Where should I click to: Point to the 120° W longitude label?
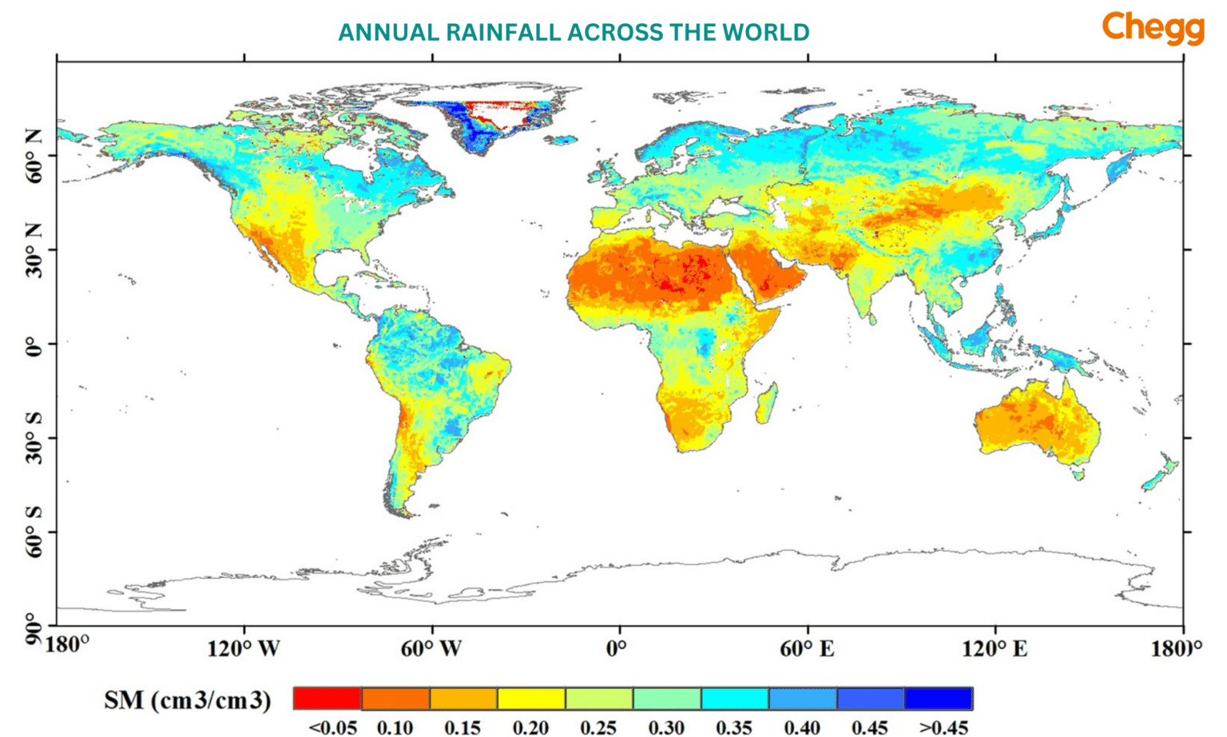pos(244,647)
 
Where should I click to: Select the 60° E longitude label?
pos(807,647)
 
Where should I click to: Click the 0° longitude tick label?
pos(617,647)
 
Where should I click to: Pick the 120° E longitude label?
pos(995,647)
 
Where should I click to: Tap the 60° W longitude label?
pos(431,647)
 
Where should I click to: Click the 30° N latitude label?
pos(34,249)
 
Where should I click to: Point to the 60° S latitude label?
pos(34,532)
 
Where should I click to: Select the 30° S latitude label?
pos(34,438)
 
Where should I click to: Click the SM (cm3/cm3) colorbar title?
pos(188,700)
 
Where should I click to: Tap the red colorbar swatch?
pos(328,698)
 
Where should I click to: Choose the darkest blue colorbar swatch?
pos(939,698)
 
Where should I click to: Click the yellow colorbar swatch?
pos(531,698)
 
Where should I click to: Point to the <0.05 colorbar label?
pos(332,727)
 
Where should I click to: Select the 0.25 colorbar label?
pos(598,727)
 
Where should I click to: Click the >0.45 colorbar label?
pos(943,727)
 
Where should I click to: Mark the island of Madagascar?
pos(766,404)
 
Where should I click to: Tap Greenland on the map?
pos(487,120)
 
